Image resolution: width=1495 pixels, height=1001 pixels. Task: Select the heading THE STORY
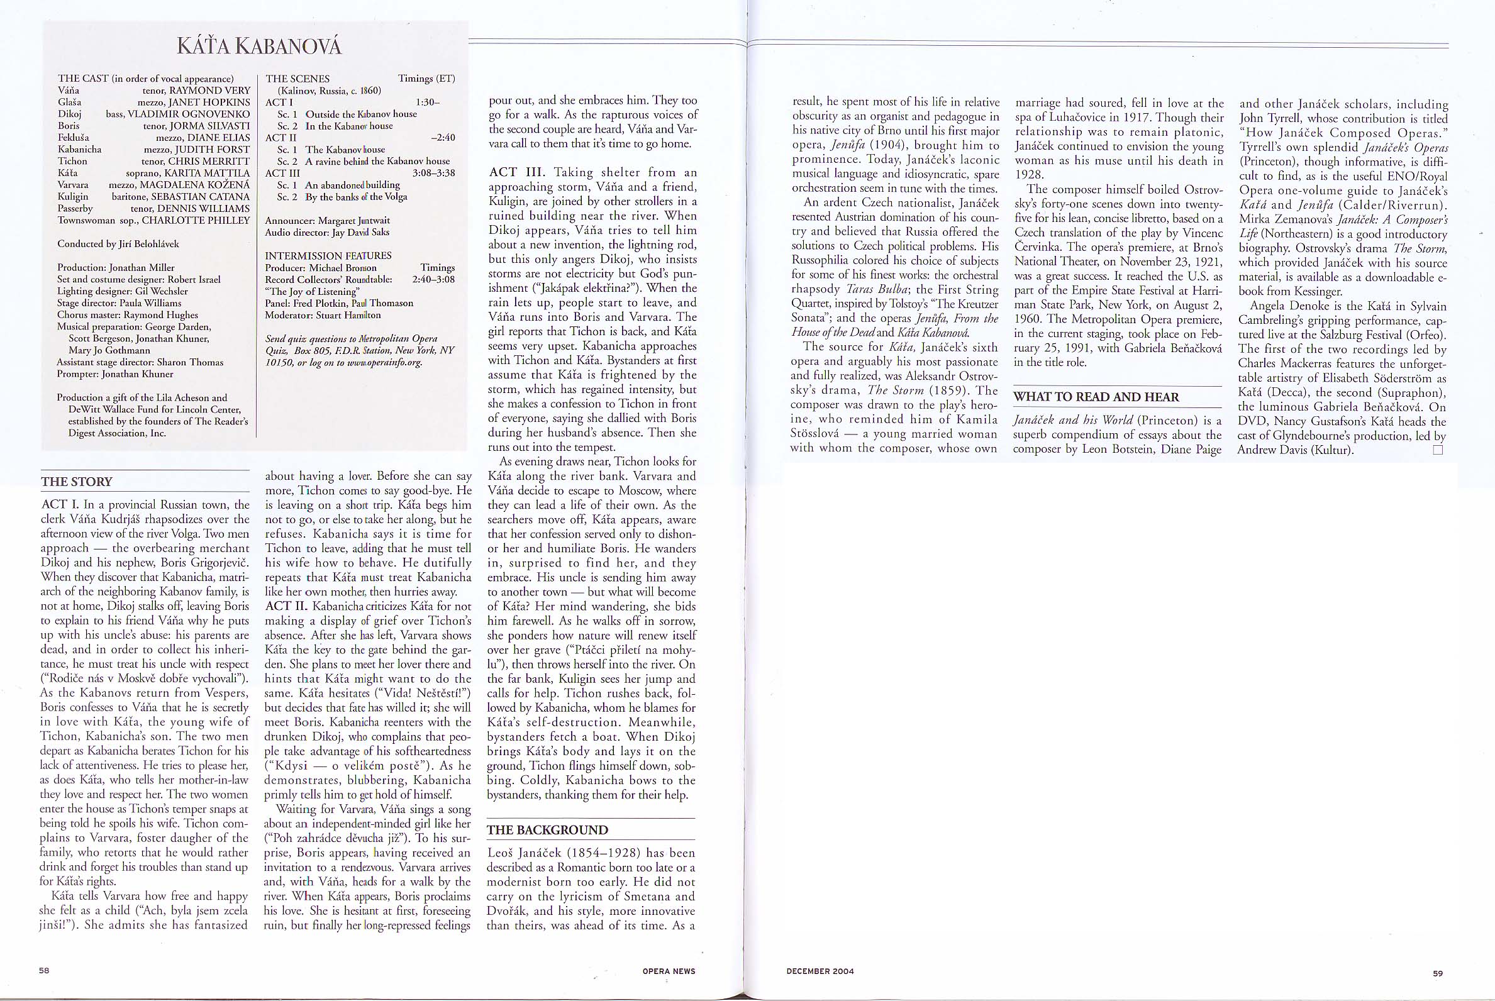(77, 482)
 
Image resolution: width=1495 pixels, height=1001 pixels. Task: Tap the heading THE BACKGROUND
(547, 830)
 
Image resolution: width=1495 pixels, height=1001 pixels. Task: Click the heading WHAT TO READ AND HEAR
(1096, 397)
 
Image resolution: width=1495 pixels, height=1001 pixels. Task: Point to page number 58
(45, 970)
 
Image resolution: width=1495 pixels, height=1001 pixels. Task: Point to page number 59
(1438, 973)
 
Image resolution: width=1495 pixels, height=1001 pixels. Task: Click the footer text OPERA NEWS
(669, 971)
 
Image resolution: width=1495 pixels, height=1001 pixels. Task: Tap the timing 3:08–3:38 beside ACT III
(433, 173)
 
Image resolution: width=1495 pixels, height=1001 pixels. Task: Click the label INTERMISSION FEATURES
(328, 255)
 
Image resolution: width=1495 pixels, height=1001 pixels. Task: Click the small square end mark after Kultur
(1438, 450)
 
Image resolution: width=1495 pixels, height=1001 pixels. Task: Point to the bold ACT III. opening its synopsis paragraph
(516, 172)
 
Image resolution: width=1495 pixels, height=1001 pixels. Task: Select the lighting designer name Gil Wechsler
(162, 291)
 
